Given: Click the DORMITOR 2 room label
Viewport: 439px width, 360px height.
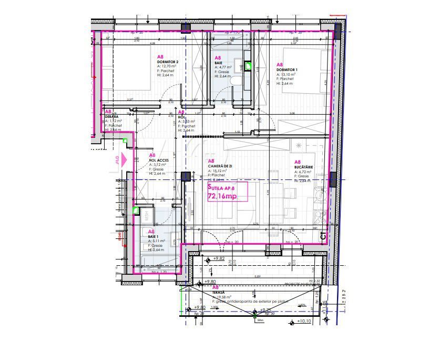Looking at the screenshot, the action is coord(168,62).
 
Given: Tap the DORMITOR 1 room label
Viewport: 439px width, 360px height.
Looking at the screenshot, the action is coord(287,70).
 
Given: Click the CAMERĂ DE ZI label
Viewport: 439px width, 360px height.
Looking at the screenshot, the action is coord(220,166).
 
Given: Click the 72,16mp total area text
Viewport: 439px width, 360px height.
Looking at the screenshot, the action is coord(222,196).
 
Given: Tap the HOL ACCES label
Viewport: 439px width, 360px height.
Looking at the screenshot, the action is coord(159,159).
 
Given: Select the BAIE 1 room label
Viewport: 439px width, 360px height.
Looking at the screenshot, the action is coord(154,236).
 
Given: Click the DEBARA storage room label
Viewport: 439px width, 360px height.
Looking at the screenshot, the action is coord(111,116).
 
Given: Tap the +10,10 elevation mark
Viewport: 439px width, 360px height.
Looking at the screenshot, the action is coord(306,321).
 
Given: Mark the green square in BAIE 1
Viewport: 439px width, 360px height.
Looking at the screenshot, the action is coord(136,211).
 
